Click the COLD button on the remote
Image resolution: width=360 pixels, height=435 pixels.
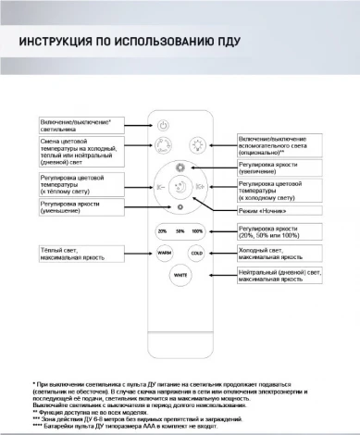196,252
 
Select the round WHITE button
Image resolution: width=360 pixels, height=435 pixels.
180,275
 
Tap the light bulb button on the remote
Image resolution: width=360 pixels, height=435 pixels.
196,144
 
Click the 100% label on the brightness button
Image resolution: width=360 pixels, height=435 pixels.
197,230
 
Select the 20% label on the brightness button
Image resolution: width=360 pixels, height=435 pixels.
163,230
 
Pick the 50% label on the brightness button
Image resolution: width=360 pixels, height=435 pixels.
180,230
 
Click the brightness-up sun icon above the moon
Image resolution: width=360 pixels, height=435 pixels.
180,167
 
